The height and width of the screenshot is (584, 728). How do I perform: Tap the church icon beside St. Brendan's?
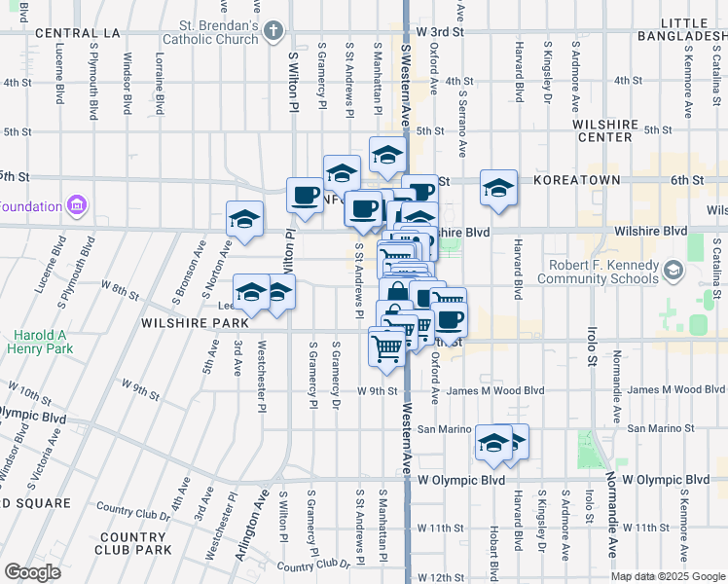pyautogui.click(x=273, y=32)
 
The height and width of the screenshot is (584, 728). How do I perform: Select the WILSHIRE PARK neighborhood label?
pyautogui.click(x=195, y=322)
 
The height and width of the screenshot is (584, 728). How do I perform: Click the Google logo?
pyautogui.click(x=32, y=572)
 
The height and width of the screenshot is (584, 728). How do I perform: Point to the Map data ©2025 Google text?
pyautogui.click(x=667, y=576)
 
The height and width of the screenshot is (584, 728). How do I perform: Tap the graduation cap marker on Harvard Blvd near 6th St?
pyautogui.click(x=498, y=187)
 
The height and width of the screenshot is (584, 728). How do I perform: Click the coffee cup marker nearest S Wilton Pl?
pyautogui.click(x=305, y=195)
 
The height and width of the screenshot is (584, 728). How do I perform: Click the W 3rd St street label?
pyautogui.click(x=437, y=32)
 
